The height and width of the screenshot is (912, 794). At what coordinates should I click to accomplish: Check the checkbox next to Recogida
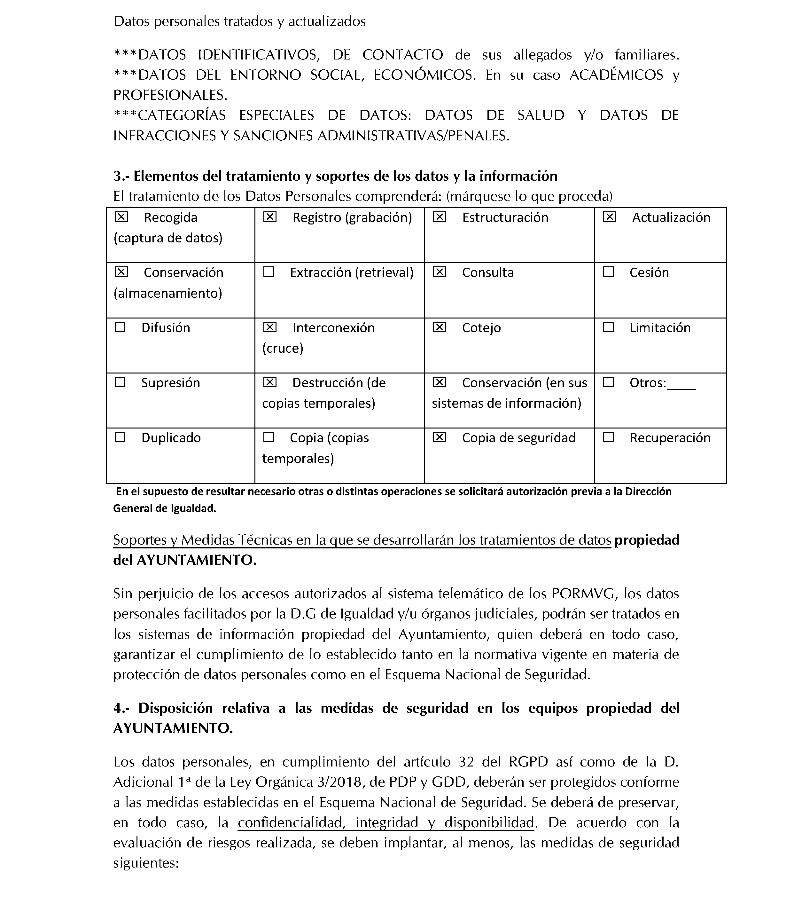point(121,217)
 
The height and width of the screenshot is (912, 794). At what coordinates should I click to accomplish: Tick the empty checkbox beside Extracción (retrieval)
point(269,272)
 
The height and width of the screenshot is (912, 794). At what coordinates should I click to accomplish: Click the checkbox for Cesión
point(608,272)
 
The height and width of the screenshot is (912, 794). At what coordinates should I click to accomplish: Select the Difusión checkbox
point(120,327)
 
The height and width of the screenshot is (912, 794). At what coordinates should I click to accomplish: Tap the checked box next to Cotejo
point(439,327)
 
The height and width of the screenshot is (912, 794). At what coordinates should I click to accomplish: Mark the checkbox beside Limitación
point(608,327)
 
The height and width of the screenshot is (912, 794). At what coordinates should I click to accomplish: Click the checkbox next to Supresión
point(120,382)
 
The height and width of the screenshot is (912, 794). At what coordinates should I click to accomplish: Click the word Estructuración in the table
point(505,217)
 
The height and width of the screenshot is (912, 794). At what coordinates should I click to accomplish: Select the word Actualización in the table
point(671,217)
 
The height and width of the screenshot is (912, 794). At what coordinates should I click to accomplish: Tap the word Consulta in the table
point(488,272)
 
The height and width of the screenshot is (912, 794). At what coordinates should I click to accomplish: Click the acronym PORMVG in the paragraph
point(584,594)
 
